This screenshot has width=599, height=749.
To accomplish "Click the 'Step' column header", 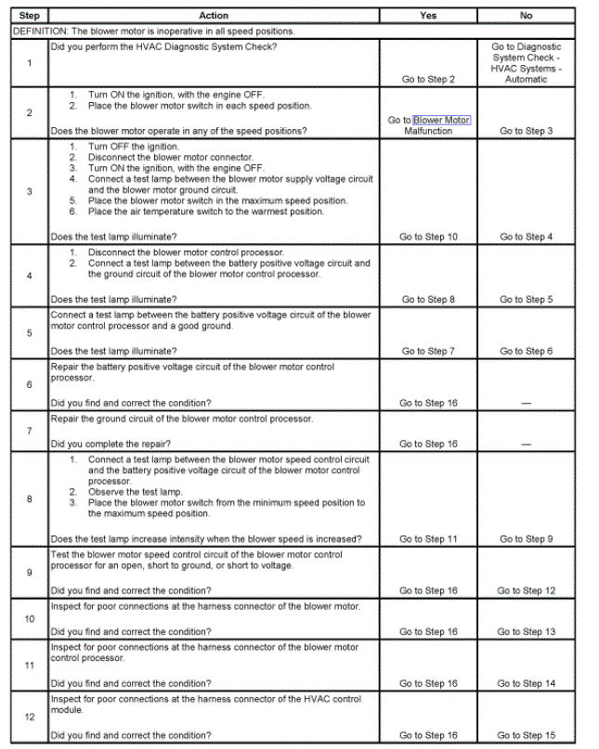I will pos(29,16).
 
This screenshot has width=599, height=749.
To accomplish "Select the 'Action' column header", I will pos(214,16).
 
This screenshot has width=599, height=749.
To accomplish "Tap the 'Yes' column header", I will pos(427,16).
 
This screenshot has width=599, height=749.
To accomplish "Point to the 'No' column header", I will pos(527,16).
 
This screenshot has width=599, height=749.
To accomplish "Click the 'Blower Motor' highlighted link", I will pos(442,121).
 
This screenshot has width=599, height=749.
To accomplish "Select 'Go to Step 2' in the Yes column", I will pos(428,80).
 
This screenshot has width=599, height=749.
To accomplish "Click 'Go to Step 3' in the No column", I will pos(526,132).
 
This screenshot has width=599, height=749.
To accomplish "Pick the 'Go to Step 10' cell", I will pos(428,237).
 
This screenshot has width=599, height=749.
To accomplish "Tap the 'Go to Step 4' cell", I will pos(526,237).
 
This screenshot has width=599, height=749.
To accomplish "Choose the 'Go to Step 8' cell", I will pos(428,300).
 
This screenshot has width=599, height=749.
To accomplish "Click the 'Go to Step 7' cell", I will pos(428,352).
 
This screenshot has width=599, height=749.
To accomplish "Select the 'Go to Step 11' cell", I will pos(428,539).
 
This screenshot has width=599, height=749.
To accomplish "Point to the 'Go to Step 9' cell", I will pos(526,539).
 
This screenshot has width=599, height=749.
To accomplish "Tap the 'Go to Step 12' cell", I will pos(526,591).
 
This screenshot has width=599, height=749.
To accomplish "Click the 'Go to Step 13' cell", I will pos(526,632).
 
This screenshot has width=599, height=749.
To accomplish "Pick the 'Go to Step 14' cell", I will pos(526,684).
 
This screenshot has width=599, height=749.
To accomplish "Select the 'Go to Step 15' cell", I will pos(526,736).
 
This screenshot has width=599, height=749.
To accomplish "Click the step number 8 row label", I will pos(29,498).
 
